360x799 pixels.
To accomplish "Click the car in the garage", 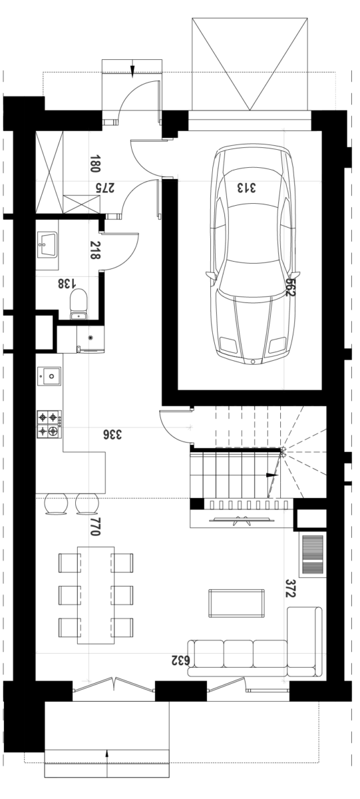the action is click(x=253, y=255).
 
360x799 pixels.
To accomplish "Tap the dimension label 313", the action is click(x=246, y=188).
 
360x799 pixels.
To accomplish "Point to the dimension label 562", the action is click(x=291, y=287).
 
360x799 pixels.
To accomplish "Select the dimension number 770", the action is click(x=94, y=527).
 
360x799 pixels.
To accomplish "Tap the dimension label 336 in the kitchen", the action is click(x=112, y=434).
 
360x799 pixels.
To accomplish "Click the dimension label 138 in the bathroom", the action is click(x=67, y=284).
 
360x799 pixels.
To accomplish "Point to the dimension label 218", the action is click(x=94, y=250).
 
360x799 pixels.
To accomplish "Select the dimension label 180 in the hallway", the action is click(x=94, y=163).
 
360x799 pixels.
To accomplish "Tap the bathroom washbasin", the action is click(x=47, y=245).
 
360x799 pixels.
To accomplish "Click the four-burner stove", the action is click(x=49, y=425).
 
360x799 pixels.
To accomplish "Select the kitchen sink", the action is click(x=49, y=376).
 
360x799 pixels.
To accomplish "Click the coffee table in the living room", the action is click(x=237, y=603).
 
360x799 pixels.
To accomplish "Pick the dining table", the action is click(x=96, y=595).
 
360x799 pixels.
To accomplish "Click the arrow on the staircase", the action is click(x=273, y=475).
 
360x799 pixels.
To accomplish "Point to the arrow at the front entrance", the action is click(x=132, y=71).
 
